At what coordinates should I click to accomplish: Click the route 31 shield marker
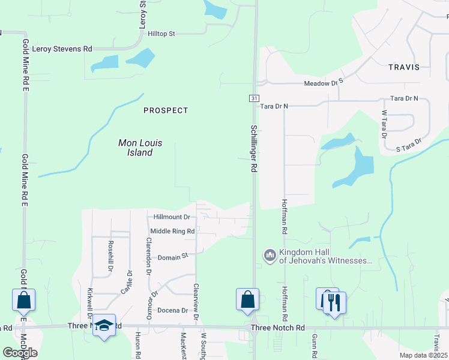click(255, 98)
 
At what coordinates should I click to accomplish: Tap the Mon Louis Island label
click(139, 148)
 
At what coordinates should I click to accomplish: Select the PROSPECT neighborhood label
click(166, 110)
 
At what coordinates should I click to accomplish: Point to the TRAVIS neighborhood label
click(403, 67)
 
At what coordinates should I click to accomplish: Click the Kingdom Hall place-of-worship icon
click(269, 256)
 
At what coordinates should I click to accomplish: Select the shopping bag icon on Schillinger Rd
click(247, 299)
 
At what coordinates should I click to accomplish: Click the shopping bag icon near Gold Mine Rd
click(23, 299)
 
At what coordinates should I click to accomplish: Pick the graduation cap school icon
click(104, 326)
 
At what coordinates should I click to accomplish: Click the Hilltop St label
click(161, 34)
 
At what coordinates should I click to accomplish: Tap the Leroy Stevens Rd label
click(62, 49)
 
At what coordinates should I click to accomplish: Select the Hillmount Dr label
click(172, 217)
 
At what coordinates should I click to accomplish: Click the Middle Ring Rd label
click(172, 231)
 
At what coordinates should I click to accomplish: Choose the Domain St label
click(173, 257)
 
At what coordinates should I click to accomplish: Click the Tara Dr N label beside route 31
click(274, 106)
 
